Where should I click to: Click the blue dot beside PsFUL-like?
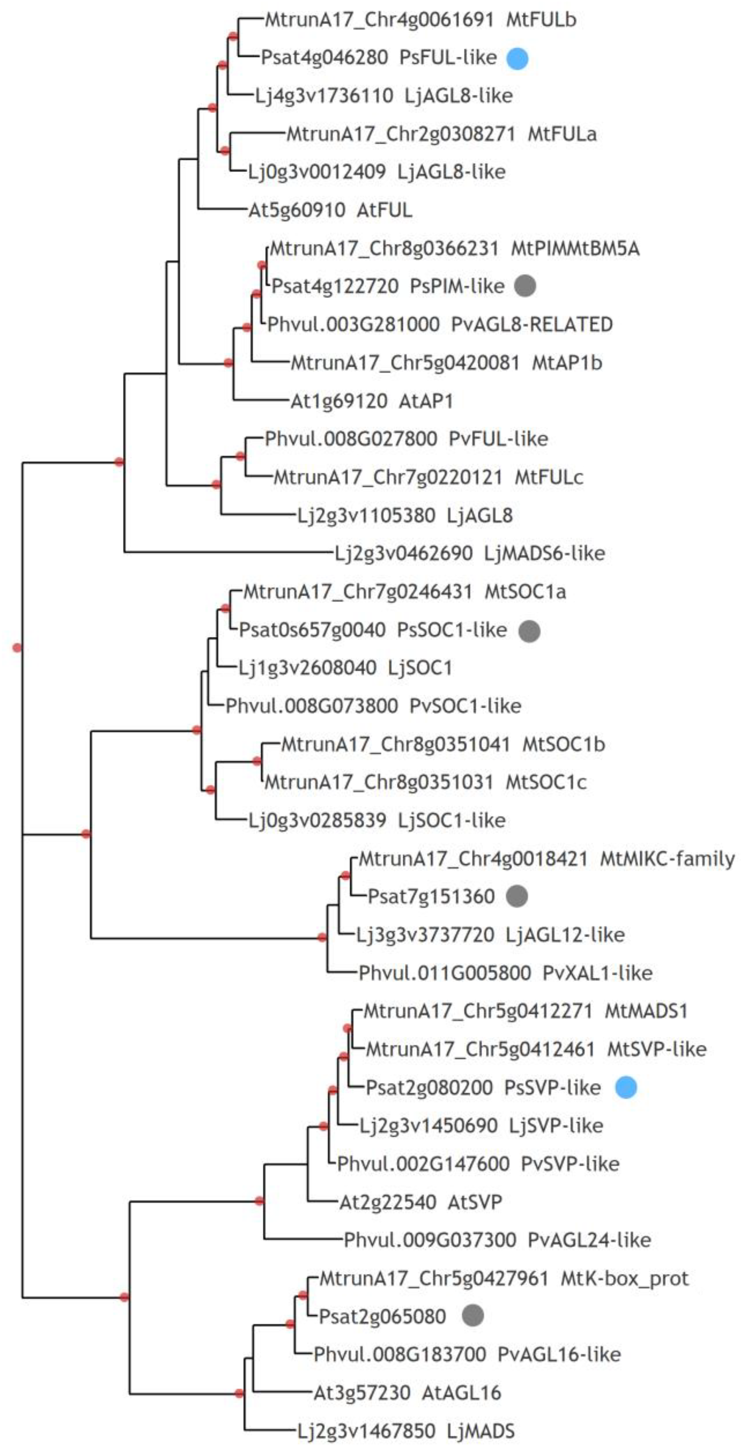517,59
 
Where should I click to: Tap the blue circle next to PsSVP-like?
626,1088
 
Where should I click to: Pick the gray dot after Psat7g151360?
517,896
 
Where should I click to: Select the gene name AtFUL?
384,210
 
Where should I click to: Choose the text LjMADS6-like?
544,553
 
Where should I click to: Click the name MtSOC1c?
546,782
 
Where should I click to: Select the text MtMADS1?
646,1011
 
